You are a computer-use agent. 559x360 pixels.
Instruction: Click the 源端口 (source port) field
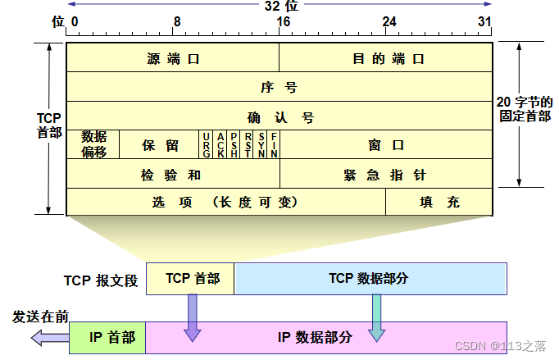[173, 59]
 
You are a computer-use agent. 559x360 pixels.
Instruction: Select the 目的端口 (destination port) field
[385, 59]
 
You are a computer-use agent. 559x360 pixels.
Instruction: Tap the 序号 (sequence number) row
[279, 87]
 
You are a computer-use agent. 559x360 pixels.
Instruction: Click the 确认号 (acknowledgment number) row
[279, 116]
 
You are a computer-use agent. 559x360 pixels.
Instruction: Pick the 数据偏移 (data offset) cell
[93, 144]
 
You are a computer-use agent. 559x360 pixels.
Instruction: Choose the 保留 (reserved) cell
[160, 145]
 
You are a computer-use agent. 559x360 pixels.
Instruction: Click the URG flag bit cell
[207, 144]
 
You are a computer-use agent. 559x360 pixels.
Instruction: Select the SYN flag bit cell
[261, 144]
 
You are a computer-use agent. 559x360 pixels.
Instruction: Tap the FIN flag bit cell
[274, 144]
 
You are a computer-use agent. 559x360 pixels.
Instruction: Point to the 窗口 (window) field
[385, 145]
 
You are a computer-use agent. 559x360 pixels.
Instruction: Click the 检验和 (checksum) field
[173, 175]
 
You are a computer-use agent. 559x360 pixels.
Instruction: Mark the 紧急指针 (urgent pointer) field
[385, 175]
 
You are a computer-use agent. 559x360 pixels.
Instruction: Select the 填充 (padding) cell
[439, 202]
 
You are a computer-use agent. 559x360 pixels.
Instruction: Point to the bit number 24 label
[389, 21]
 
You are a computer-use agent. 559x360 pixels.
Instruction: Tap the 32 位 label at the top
[278, 6]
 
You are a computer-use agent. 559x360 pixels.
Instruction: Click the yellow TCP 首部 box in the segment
[191, 279]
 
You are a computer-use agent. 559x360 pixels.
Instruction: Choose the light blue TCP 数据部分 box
[369, 279]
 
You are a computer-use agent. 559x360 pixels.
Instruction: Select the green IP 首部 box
[107, 337]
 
